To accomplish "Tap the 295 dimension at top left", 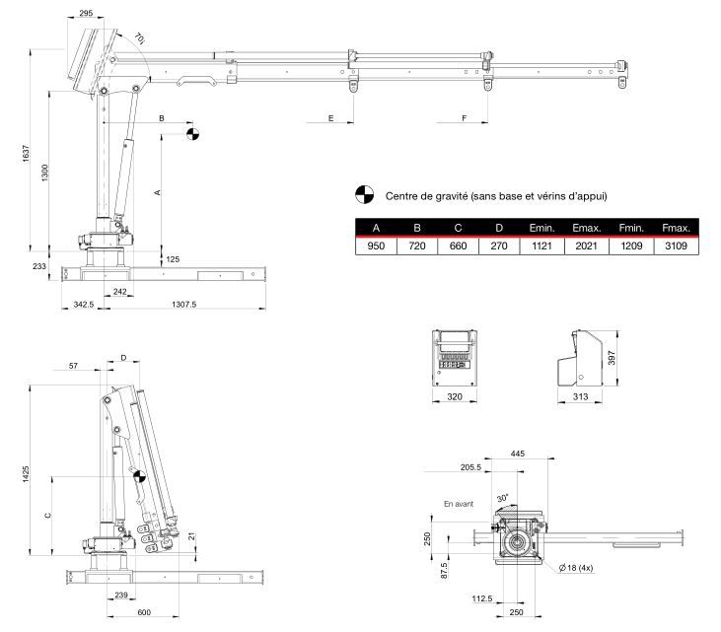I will coord(85,14).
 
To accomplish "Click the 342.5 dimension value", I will coord(84,305).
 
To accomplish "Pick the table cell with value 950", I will coord(376,246).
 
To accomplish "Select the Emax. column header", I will coord(586,228).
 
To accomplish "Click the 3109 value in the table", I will coord(676,246).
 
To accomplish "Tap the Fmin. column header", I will coord(631,228).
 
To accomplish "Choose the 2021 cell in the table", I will coord(586,246).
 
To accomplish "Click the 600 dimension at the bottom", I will coord(145,612).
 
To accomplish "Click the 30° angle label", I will coord(502,499).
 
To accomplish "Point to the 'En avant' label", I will coord(459,504).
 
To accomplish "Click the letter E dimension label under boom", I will coord(330,118).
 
